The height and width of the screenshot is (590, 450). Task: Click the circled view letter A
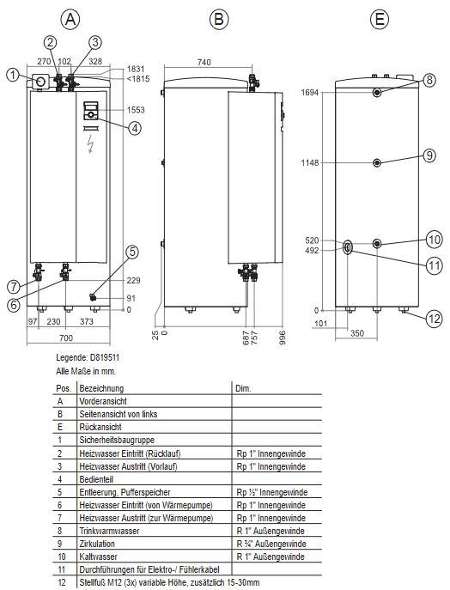70,18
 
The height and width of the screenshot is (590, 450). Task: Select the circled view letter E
380,18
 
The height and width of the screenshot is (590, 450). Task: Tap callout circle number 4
135,128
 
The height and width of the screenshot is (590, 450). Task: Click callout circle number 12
434,319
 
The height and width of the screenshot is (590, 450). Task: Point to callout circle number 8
429,80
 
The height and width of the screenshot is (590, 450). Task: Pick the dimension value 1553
136,110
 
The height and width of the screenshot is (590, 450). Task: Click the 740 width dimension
204,62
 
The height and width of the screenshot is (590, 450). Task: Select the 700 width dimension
66,338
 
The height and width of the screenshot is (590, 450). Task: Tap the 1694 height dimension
310,92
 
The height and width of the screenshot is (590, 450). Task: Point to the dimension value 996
283,338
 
